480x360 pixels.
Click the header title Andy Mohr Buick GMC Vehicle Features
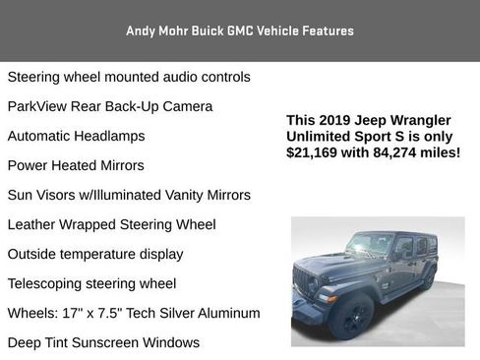coord(239,30)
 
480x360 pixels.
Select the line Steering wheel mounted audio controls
coord(129,77)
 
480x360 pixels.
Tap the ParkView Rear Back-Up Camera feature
coord(110,106)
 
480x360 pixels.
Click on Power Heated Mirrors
coord(76,165)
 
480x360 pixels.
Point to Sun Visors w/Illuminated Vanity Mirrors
coord(129,195)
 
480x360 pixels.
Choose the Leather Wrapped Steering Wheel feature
coord(111,224)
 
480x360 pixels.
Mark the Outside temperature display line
coord(95,254)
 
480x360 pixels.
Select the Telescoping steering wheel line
coord(91,283)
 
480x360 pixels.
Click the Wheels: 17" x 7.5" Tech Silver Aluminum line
coord(134,313)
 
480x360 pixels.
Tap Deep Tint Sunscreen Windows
coord(103,342)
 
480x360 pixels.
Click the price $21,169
coord(313,152)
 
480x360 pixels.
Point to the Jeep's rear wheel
coord(429,276)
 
